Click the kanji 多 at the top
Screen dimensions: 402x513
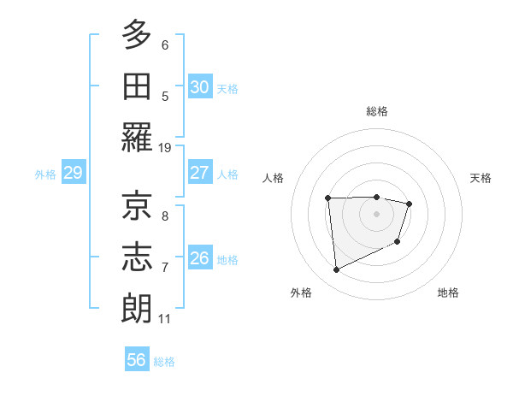pyautogui.click(x=138, y=36)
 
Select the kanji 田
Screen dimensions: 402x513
pyautogui.click(x=138, y=86)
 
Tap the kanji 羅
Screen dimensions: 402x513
pyautogui.click(x=138, y=138)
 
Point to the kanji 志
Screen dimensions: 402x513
pyautogui.click(x=138, y=257)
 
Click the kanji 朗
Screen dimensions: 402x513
pyautogui.click(x=138, y=308)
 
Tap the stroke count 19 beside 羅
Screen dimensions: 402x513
pyautogui.click(x=165, y=147)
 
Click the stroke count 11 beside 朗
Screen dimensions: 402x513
pyautogui.click(x=165, y=319)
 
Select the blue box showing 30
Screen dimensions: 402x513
pyautogui.click(x=199, y=86)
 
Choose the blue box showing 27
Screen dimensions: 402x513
pyautogui.click(x=199, y=172)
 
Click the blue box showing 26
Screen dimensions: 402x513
pyautogui.click(x=199, y=257)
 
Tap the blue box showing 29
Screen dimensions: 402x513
pyautogui.click(x=73, y=173)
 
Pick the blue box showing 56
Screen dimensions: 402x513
pyautogui.click(x=137, y=360)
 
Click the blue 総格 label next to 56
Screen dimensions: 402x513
pyautogui.click(x=164, y=362)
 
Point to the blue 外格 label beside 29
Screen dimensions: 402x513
pyautogui.click(x=45, y=174)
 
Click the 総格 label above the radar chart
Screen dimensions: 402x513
pyautogui.click(x=376, y=111)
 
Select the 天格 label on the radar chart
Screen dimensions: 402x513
pyautogui.click(x=481, y=178)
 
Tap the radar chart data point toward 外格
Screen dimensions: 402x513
pyautogui.click(x=337, y=270)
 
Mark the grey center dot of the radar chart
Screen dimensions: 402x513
pyautogui.click(x=376, y=214)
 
